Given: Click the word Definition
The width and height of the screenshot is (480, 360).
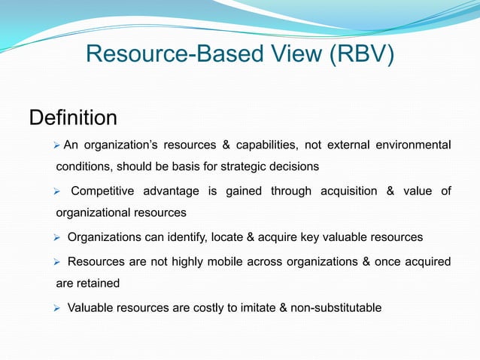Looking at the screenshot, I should click(73, 118).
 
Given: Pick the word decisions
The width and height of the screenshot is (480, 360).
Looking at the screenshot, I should click(293, 166).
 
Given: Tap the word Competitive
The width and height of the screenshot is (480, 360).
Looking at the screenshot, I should click(103, 191).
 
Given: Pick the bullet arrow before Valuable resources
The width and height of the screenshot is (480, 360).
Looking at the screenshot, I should click(56, 307).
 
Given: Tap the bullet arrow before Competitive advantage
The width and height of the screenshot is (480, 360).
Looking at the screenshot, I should click(56, 191).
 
